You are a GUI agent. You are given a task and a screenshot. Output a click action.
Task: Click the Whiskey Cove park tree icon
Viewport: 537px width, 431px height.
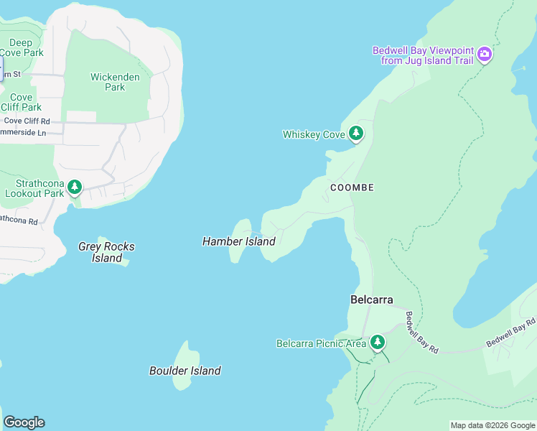355,134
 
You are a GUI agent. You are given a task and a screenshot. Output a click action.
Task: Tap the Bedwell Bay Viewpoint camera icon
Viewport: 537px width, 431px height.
485,54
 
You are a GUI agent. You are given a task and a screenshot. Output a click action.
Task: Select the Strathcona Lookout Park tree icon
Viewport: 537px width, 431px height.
75,188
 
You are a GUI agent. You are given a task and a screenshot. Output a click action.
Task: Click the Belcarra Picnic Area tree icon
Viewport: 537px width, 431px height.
377,343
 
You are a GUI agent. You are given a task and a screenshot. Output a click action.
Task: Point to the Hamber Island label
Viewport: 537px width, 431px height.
238,241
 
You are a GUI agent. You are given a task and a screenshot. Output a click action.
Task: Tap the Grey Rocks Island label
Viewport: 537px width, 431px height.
106,252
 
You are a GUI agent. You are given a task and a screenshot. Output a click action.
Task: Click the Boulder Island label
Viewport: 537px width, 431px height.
185,371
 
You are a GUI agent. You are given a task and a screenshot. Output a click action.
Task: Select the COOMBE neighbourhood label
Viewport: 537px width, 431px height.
352,187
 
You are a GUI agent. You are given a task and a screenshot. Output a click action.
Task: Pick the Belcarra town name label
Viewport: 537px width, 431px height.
371,300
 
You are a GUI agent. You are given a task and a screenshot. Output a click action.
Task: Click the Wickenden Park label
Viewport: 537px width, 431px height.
108,82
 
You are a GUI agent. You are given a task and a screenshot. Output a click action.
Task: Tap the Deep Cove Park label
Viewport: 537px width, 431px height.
21,48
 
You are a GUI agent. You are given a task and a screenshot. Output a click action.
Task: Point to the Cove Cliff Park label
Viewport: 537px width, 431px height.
21,102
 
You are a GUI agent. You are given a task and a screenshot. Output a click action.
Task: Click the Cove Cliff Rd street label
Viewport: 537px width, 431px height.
27,121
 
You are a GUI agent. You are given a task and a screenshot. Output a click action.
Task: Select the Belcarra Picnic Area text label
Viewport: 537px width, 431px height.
321,343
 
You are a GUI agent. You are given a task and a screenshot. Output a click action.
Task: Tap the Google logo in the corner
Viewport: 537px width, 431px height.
24,422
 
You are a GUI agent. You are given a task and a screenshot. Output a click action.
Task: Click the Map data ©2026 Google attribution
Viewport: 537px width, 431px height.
492,425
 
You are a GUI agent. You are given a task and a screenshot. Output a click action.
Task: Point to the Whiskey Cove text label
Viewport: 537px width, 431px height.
314,134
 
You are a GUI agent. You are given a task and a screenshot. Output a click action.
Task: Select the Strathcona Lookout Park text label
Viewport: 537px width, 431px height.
34,188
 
